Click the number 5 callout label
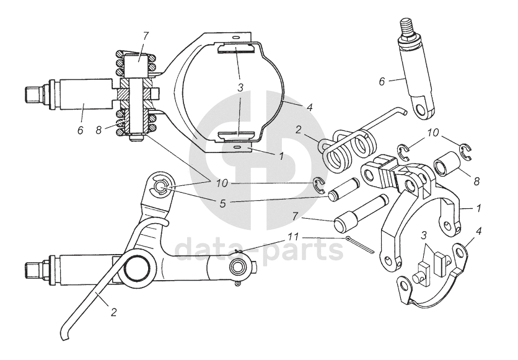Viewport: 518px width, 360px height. (223, 203)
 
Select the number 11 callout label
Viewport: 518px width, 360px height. (293, 237)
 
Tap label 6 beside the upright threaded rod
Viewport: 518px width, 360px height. (382, 81)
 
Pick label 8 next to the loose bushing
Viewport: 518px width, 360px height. (476, 181)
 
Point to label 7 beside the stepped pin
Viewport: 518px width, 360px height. (296, 216)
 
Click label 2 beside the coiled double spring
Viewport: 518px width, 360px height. (299, 130)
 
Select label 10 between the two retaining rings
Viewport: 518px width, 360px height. (433, 133)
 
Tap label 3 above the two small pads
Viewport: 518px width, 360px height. (424, 235)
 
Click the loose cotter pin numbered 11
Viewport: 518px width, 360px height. (360, 245)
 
